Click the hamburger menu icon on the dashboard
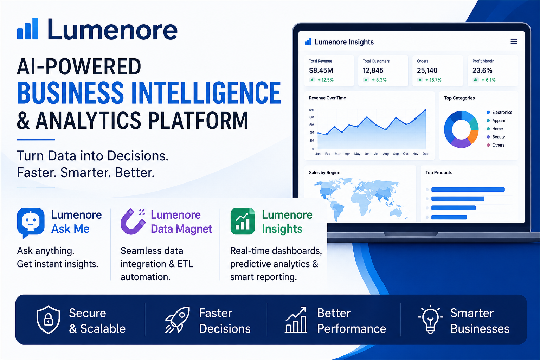(x=514, y=41)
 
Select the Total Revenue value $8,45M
(x=321, y=70)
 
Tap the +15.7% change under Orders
(x=433, y=80)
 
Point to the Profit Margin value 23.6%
(x=482, y=70)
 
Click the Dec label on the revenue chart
(x=425, y=154)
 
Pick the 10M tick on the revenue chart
(x=311, y=110)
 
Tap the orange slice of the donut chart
(x=474, y=136)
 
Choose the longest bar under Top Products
(x=468, y=189)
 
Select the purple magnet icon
(x=133, y=221)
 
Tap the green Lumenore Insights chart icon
(x=243, y=221)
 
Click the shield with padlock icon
(x=48, y=320)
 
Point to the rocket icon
(x=178, y=320)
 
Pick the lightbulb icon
(x=430, y=319)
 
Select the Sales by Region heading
(x=324, y=173)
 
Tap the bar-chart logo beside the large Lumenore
(x=28, y=28)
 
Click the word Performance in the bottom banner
(x=352, y=329)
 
